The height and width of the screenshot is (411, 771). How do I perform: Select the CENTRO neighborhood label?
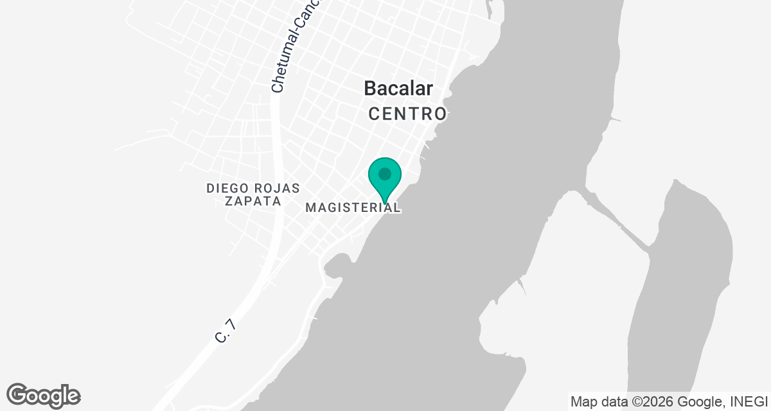[407, 114]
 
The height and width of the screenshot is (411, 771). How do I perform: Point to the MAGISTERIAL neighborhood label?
[353, 208]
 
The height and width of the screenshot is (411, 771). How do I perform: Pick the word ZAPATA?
[253, 201]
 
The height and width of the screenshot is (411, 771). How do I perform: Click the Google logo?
[43, 396]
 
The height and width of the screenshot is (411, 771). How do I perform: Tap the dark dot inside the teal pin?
[385, 174]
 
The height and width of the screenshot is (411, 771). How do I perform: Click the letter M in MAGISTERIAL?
[310, 208]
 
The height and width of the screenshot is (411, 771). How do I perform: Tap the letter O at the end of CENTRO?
[439, 114]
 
